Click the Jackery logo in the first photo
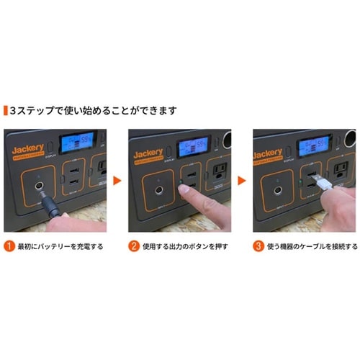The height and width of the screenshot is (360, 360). point(27,152)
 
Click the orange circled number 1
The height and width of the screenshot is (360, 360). point(8,246)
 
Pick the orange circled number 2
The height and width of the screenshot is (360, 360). point(133,246)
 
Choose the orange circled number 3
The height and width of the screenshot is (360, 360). point(257,246)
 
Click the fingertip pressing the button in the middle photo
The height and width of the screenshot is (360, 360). point(186,190)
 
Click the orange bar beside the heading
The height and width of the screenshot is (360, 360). point(4,111)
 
